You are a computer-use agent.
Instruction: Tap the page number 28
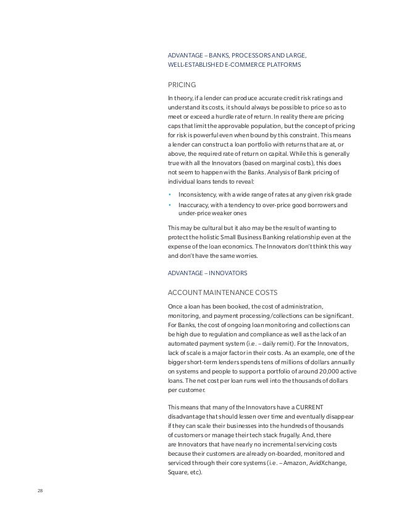(41, 492)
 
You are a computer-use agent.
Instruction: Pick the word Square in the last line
(177, 473)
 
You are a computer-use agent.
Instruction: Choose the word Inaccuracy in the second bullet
(194, 205)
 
